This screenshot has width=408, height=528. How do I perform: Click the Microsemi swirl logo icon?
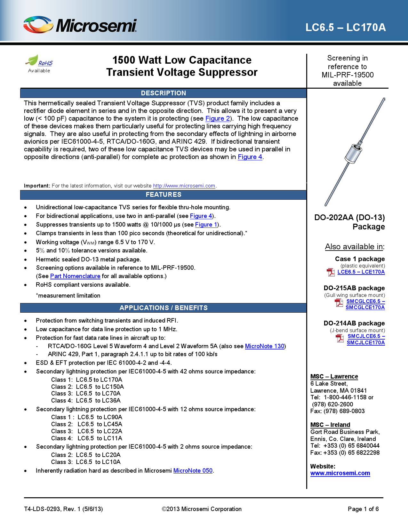(x=38, y=25)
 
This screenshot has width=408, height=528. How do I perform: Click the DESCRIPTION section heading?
(x=163, y=93)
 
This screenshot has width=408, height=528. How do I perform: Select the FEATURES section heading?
(x=163, y=195)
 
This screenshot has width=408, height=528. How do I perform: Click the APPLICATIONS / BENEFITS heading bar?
(x=163, y=308)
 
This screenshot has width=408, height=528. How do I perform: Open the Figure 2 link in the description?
(x=217, y=118)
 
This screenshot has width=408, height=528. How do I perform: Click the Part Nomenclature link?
(x=75, y=276)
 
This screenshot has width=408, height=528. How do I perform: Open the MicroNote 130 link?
(x=264, y=346)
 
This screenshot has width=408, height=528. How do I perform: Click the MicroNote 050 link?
(x=193, y=471)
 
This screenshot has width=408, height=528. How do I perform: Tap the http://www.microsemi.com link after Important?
(x=184, y=186)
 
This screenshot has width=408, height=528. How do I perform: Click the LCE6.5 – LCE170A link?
(x=361, y=272)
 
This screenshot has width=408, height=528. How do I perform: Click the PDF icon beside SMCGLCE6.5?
(x=339, y=302)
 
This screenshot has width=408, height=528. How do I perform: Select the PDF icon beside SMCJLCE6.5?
(x=340, y=338)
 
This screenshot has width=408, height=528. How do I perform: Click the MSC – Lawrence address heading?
(x=334, y=377)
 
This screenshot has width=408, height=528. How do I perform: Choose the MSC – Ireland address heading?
(x=330, y=425)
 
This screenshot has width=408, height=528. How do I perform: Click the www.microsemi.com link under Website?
(x=340, y=473)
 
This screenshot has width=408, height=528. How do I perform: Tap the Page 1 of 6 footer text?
(x=363, y=509)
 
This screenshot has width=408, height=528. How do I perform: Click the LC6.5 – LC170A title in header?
(x=345, y=28)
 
